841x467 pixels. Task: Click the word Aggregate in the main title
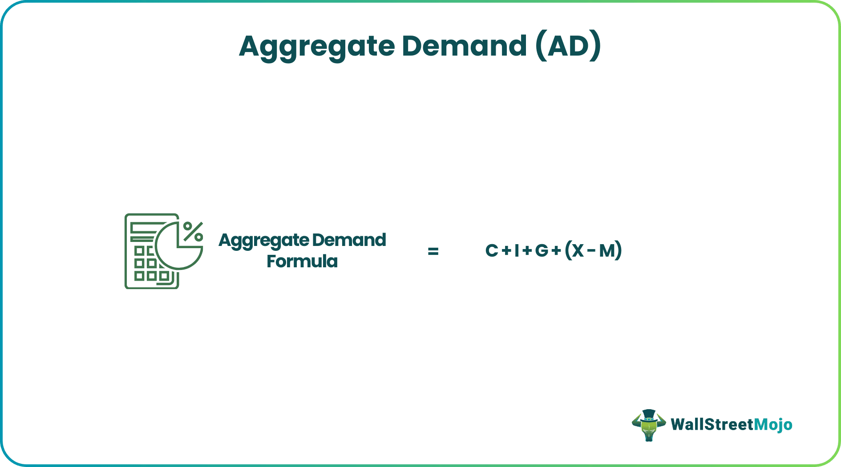(317, 46)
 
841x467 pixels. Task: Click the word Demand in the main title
(464, 46)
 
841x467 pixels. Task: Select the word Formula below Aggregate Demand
(302, 262)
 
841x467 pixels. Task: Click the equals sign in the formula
(433, 251)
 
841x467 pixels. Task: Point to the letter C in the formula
(491, 251)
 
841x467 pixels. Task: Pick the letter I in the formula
(517, 251)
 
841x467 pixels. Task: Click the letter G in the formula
(542, 251)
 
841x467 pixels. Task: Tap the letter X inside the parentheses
(578, 251)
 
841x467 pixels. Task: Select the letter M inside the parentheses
(607, 251)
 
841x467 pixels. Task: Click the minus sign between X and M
(591, 251)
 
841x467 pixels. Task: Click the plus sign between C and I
(506, 251)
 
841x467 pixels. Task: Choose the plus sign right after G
(556, 251)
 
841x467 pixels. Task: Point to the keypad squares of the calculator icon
(146, 263)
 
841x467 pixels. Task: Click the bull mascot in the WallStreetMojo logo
(648, 425)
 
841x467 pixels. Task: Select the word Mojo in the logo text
(773, 424)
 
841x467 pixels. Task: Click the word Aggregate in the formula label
(264, 241)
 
